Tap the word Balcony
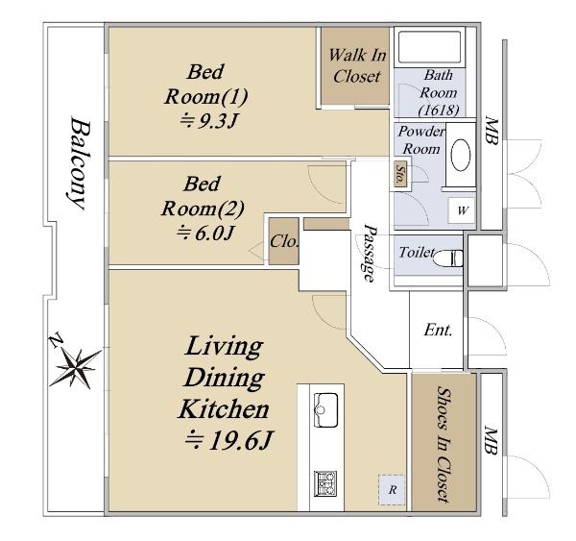(x=80, y=163)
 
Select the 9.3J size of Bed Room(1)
(x=208, y=121)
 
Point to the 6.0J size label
(x=205, y=233)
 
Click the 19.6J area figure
(x=228, y=440)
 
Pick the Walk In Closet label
(x=357, y=65)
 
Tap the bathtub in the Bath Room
(x=429, y=47)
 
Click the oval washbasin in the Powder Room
(x=461, y=155)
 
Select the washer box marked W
(x=462, y=210)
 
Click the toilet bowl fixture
(x=447, y=258)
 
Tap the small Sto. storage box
(x=400, y=173)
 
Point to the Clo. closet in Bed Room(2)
(x=284, y=241)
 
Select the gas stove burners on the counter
(x=325, y=483)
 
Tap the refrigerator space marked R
(x=392, y=490)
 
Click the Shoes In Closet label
(x=444, y=444)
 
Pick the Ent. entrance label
(x=438, y=330)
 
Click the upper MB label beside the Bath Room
(x=492, y=130)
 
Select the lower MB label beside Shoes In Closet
(x=491, y=440)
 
